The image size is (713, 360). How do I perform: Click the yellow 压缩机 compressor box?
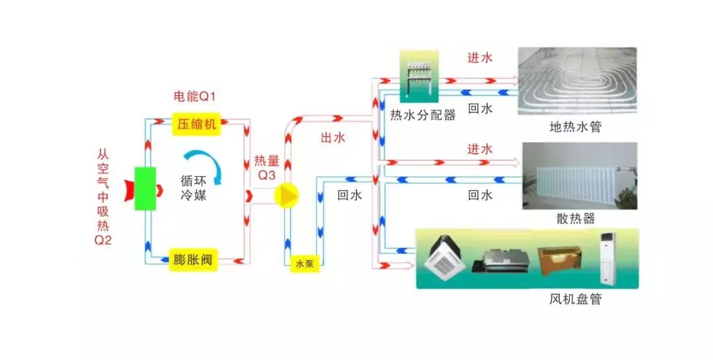[x=195, y=124]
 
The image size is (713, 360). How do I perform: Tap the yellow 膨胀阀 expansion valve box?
[x=195, y=257]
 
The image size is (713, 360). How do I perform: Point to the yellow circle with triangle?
[x=286, y=196]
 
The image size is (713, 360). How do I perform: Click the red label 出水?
[x=333, y=138]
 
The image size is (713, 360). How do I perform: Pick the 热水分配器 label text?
[x=423, y=116]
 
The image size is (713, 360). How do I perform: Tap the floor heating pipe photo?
[x=577, y=80]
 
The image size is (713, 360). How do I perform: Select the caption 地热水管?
[x=576, y=126]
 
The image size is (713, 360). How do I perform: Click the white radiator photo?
[x=580, y=175]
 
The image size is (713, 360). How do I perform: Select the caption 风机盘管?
[x=576, y=299]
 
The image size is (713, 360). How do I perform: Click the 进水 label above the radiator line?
[x=480, y=149]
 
